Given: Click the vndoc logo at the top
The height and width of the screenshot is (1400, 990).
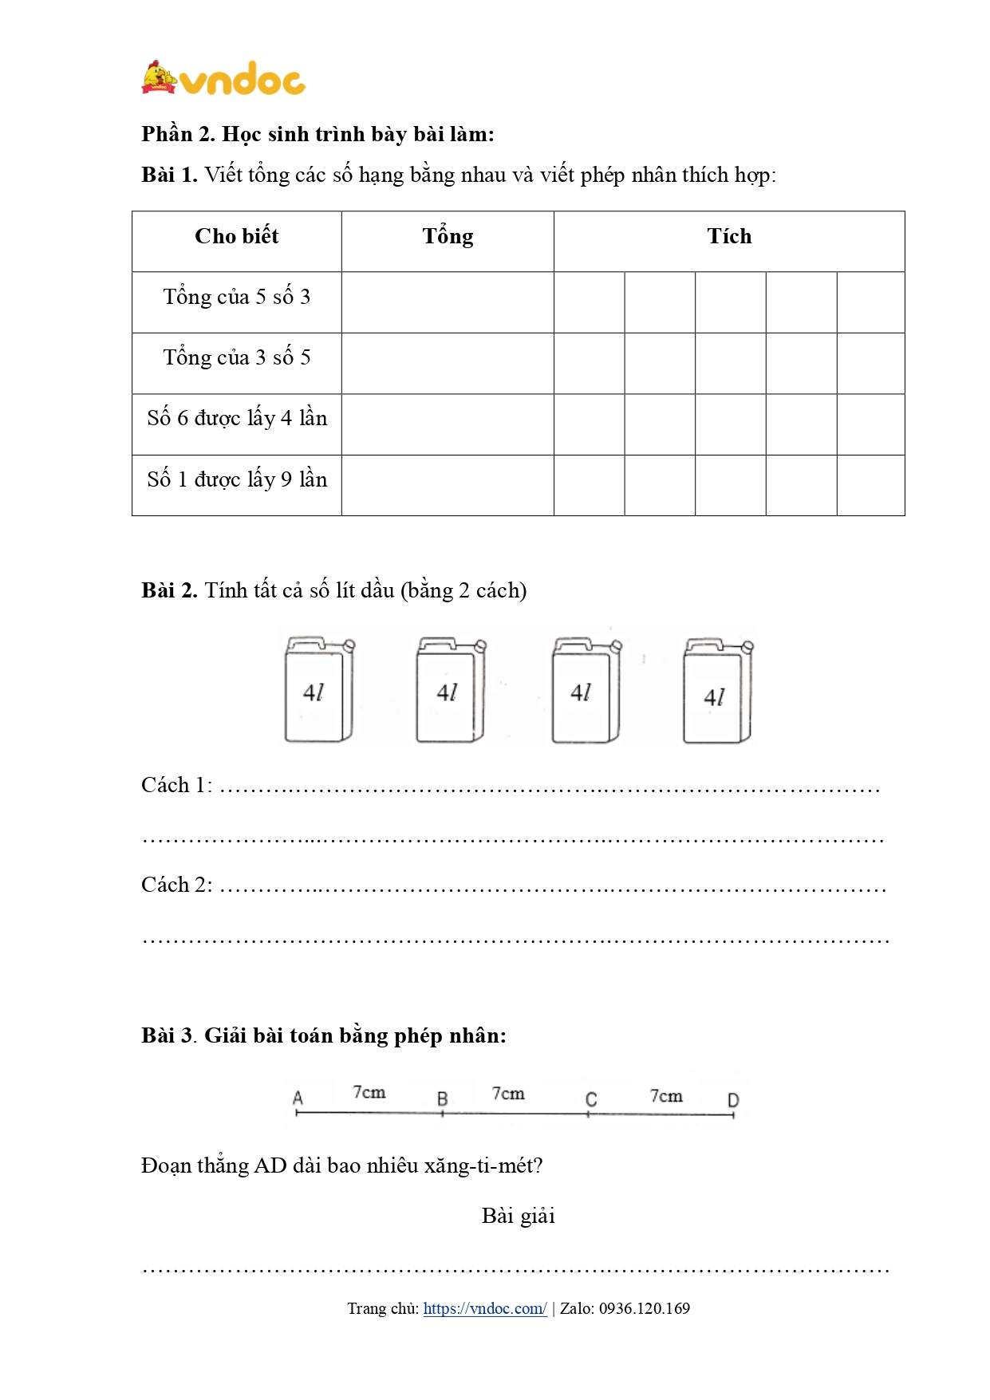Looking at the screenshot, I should [223, 79].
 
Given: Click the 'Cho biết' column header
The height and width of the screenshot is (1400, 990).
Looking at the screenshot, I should [236, 236].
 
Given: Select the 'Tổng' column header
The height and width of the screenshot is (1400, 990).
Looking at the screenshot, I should [448, 236].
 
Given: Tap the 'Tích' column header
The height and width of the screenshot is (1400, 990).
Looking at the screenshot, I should [729, 236].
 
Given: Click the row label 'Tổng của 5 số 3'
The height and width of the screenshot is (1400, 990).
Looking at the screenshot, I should [236, 297].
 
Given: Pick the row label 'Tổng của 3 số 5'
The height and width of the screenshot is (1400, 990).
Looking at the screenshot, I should [236, 357].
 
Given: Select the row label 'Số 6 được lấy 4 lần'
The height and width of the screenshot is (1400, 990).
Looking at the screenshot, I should [237, 418].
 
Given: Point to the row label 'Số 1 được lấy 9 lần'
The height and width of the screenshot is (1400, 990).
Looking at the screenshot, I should [237, 479].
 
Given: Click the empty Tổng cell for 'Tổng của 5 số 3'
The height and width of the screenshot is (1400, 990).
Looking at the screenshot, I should [448, 302].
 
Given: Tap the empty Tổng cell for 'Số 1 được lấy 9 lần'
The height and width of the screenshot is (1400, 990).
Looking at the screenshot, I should [448, 485].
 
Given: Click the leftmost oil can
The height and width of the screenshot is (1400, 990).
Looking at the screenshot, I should [319, 690].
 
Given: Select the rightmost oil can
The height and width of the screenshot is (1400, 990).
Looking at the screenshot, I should [718, 690].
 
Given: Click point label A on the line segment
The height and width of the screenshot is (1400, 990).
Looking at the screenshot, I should [298, 1098].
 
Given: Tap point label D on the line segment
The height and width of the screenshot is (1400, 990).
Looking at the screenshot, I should [733, 1100].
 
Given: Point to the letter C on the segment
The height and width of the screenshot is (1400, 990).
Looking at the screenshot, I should [591, 1099].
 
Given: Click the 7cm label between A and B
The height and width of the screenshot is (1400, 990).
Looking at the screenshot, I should [369, 1091].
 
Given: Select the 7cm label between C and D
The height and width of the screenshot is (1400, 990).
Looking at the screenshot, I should [666, 1095].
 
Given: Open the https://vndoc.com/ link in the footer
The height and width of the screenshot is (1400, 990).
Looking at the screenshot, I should [485, 1308].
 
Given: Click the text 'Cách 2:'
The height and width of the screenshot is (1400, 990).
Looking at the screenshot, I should [177, 885].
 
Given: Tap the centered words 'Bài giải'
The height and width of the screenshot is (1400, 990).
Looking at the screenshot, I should [519, 1216].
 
